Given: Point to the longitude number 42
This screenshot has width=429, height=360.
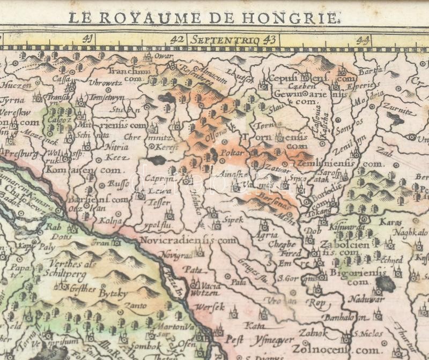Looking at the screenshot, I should [177, 39].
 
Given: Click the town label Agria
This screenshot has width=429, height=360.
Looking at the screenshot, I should [267, 235].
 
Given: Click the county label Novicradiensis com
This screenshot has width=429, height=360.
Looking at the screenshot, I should [187, 241].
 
